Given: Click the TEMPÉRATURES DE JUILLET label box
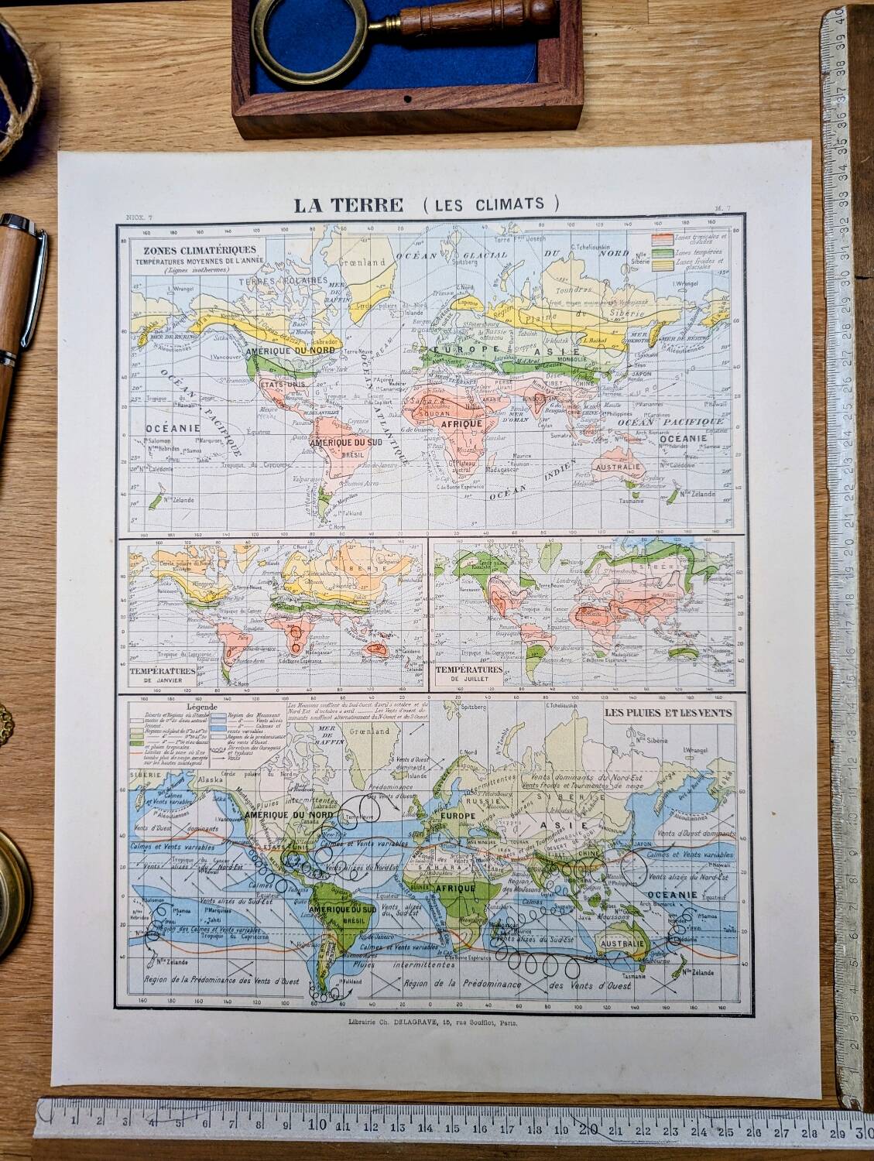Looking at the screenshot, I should (468, 673).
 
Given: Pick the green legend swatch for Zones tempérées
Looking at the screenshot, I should (663, 252).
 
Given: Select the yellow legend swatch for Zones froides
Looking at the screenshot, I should (663, 264).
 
